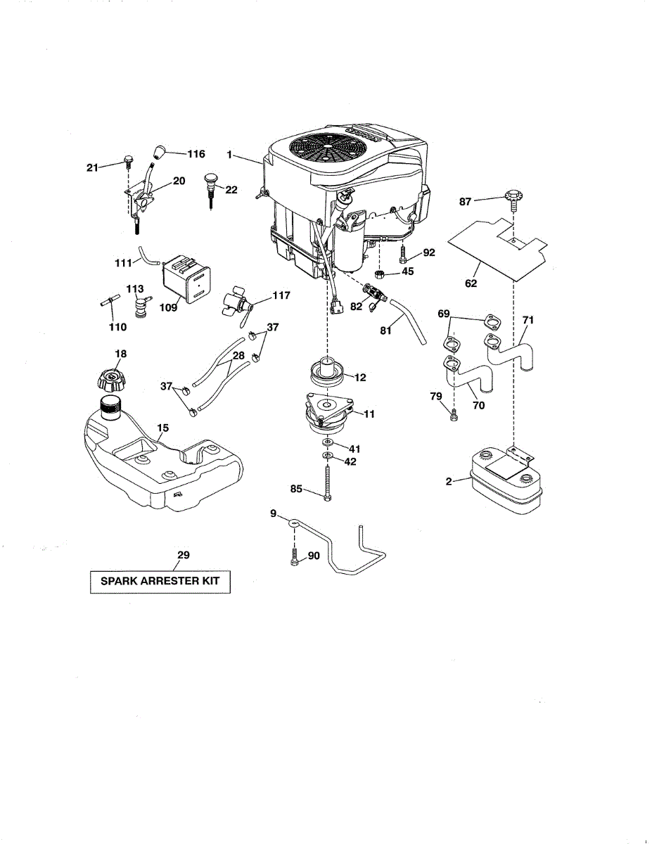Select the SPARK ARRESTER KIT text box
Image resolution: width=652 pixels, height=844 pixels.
(x=160, y=582)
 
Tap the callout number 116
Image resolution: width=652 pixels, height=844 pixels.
(x=196, y=153)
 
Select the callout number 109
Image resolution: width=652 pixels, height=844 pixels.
(x=168, y=308)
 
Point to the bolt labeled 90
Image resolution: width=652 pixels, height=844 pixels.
(x=294, y=557)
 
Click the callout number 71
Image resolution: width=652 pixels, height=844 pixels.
(x=528, y=321)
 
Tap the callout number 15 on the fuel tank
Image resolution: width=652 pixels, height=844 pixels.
(x=162, y=427)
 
